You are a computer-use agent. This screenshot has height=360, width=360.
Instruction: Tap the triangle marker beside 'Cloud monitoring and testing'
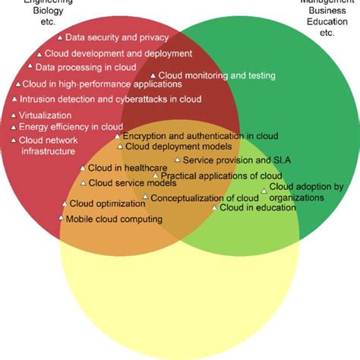pos(152,75)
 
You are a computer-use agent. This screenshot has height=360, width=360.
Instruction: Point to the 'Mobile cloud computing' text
pos(114,219)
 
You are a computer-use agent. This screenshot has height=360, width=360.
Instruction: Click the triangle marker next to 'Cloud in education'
pos(214,207)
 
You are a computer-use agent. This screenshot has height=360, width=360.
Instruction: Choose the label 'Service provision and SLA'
pos(237,160)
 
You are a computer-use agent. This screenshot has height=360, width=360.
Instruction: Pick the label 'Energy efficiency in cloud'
pos(71,127)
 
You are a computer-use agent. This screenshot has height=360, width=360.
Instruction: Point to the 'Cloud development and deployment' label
pos(118,53)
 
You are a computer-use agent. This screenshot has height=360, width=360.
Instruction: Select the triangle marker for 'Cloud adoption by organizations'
pos(264,191)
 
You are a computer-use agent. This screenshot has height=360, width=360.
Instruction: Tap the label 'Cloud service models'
pos(132,183)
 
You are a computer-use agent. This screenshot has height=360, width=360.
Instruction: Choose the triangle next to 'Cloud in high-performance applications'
pos(17,84)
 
